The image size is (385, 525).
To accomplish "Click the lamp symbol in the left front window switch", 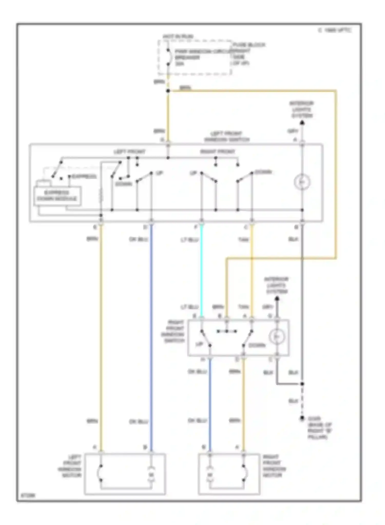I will pyautogui.click(x=302, y=182).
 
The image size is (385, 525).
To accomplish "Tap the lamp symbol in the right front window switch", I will pyautogui.click(x=277, y=337).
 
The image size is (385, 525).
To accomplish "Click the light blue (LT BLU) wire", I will pyautogui.click(x=201, y=269).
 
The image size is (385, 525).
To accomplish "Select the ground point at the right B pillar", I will pyautogui.click(x=302, y=418).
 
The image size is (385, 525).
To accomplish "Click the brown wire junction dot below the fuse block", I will pyautogui.click(x=168, y=91).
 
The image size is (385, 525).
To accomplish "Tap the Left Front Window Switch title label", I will pyautogui.click(x=227, y=137).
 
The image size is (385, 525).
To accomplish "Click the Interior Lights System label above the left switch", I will pyautogui.click(x=302, y=109).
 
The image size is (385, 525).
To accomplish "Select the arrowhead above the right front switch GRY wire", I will pyautogui.click(x=277, y=299).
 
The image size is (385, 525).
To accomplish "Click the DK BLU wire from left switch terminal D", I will pyautogui.click(x=151, y=333).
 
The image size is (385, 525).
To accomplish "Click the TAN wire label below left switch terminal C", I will pyautogui.click(x=243, y=240).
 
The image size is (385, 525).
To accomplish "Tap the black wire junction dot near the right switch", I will pyautogui.click(x=302, y=384).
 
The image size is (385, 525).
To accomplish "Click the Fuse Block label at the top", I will pyautogui.click(x=249, y=45).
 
